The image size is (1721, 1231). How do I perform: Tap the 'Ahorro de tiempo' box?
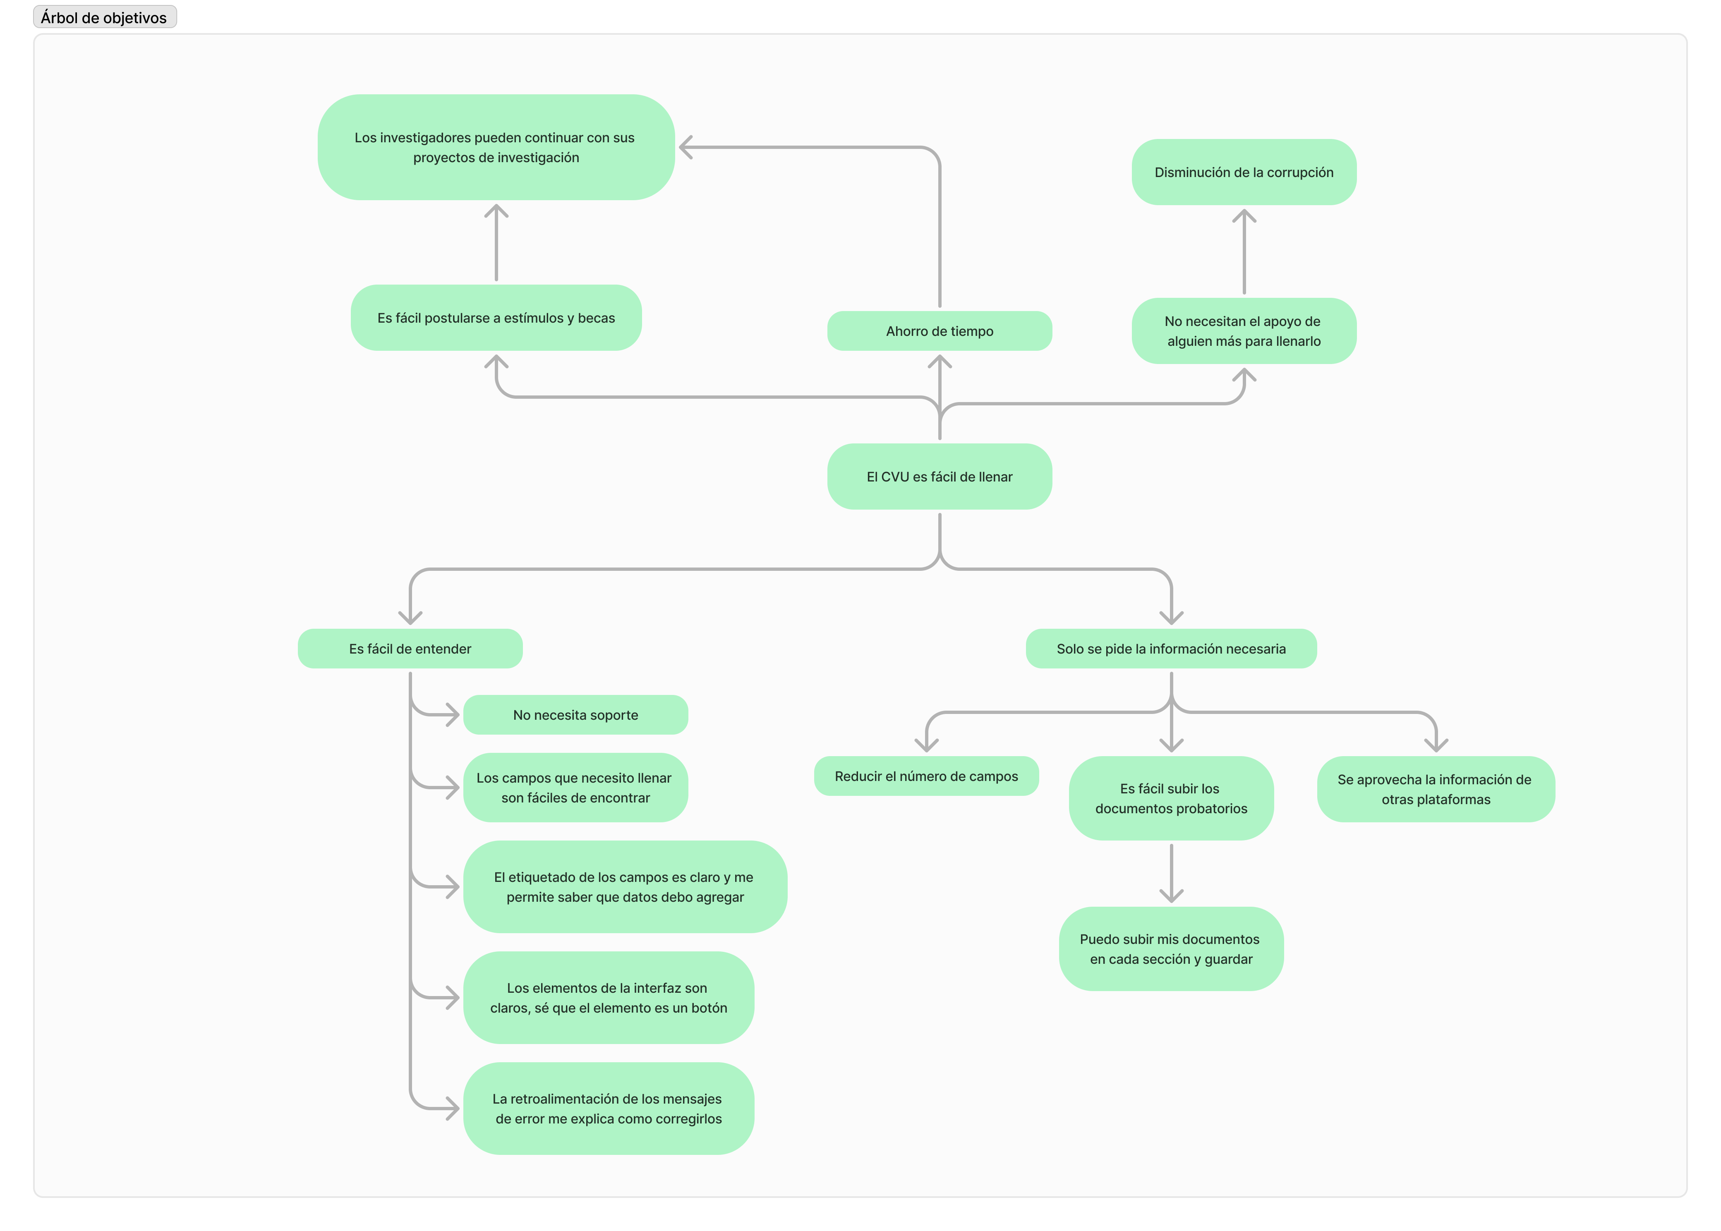pos(940,331)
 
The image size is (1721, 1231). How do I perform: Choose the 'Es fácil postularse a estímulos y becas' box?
pos(496,318)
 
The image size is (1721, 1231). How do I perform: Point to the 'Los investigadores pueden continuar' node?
pos(496,147)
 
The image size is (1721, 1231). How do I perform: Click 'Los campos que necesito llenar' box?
pos(575,788)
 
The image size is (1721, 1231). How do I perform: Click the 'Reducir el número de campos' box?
pos(926,776)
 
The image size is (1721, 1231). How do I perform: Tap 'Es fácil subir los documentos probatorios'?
pos(1171,798)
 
